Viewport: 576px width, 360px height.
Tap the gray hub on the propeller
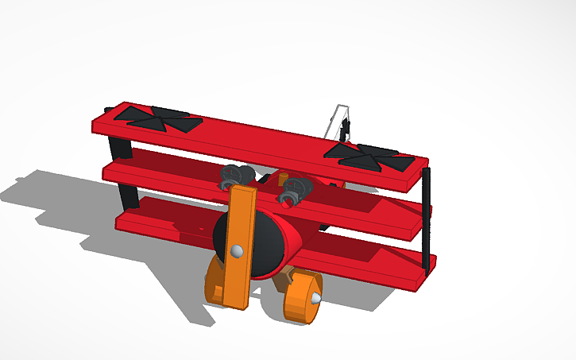(236, 252)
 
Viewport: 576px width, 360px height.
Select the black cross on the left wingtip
(157, 118)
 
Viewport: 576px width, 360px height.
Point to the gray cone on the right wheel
(315, 299)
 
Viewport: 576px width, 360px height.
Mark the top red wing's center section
(262, 142)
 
